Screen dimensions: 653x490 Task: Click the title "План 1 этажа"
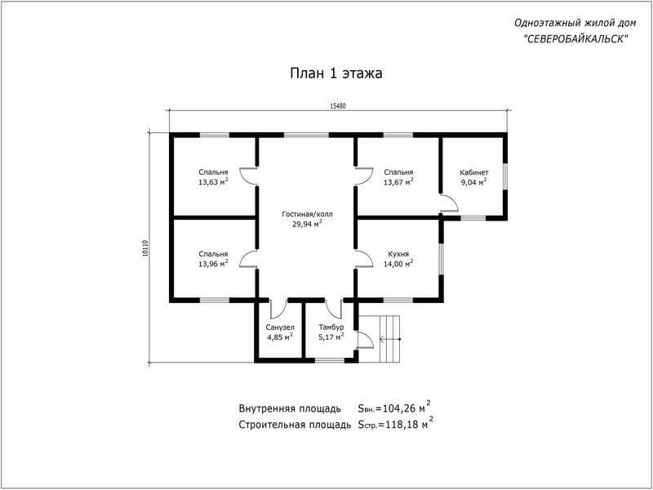(x=336, y=73)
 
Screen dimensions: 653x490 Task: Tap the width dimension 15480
(x=338, y=106)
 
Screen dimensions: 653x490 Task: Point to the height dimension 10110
(x=145, y=248)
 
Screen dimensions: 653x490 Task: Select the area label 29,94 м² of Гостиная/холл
(x=308, y=224)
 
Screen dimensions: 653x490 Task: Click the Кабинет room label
(x=474, y=172)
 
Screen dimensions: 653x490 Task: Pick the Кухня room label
(x=398, y=254)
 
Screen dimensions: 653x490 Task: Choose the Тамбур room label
(x=331, y=327)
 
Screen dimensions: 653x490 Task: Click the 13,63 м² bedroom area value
(x=213, y=181)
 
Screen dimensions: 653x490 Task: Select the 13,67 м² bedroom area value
(x=398, y=181)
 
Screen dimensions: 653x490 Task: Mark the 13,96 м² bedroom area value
(x=213, y=263)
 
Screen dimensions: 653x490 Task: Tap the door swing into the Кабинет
(x=450, y=203)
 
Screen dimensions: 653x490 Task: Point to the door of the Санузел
(x=278, y=309)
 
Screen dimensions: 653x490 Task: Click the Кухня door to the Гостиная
(x=364, y=258)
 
